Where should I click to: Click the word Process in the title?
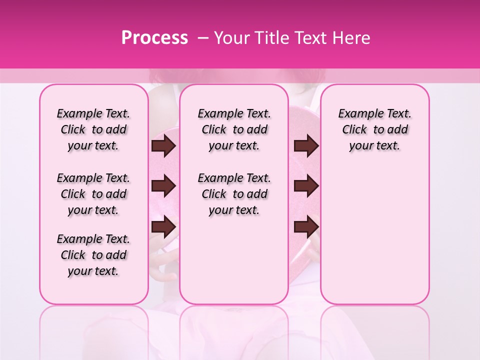point(154,38)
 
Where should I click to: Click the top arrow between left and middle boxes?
point(163,146)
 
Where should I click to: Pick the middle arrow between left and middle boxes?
point(163,186)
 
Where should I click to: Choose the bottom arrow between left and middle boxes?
point(163,227)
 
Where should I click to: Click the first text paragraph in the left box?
point(93,129)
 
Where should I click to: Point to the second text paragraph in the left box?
point(93,194)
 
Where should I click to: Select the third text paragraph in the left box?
point(93,255)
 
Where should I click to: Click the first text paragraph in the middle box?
point(234,129)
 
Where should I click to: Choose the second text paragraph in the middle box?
point(234,194)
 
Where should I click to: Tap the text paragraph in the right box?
point(374,129)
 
